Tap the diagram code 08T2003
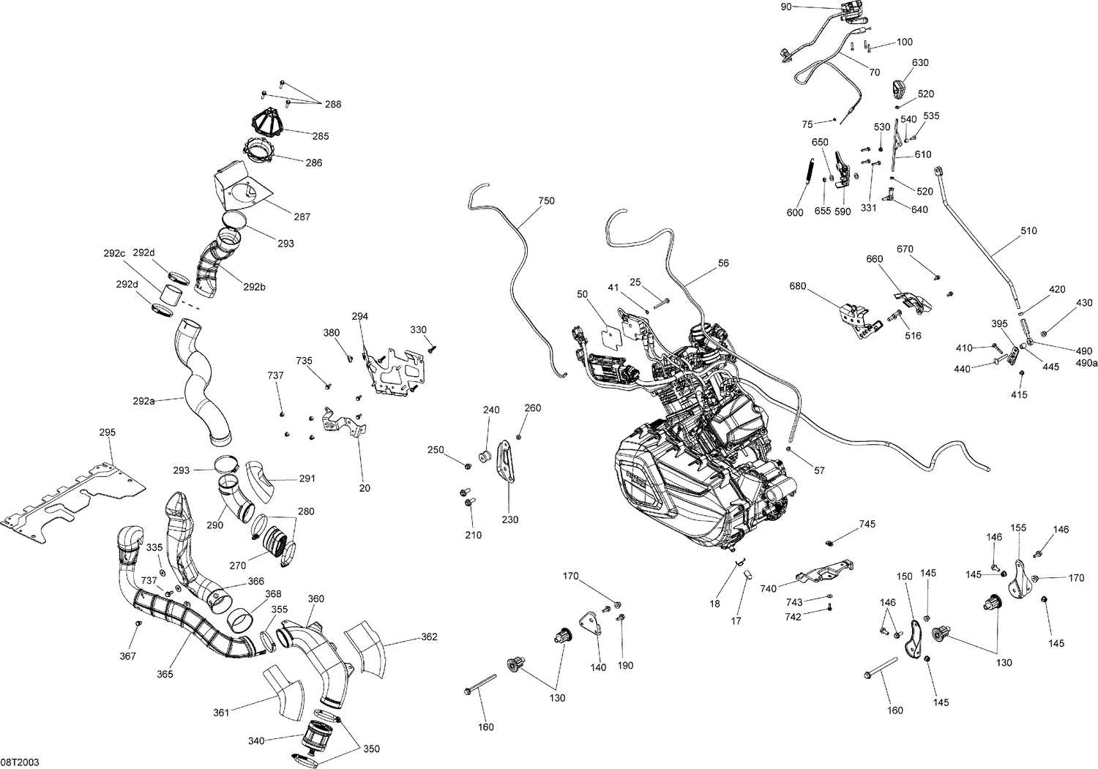click(x=20, y=762)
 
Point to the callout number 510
click(x=1028, y=230)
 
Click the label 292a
click(x=143, y=401)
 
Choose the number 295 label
click(x=108, y=432)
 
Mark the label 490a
click(x=1086, y=363)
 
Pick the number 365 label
click(x=165, y=674)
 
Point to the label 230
click(x=510, y=519)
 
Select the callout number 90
click(x=786, y=7)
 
